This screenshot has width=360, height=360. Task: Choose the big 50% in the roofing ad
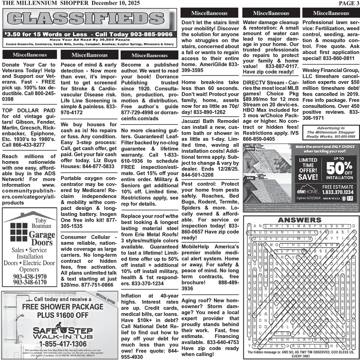point(338,167)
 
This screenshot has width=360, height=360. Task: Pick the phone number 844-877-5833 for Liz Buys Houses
point(93,167)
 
